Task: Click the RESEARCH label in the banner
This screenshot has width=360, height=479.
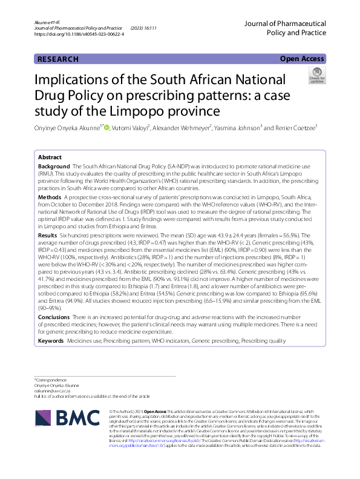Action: [x=58, y=59]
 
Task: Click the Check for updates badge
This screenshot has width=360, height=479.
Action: [x=316, y=76]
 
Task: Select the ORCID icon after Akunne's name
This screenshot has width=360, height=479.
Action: [x=108, y=127]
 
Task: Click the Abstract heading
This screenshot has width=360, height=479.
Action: [x=49, y=156]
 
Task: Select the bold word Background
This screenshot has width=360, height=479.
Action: [x=54, y=166]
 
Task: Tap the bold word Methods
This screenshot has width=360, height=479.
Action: [x=50, y=197]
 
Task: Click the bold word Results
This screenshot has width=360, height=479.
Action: [x=48, y=234]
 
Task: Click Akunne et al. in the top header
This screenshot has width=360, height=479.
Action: [x=48, y=22]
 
